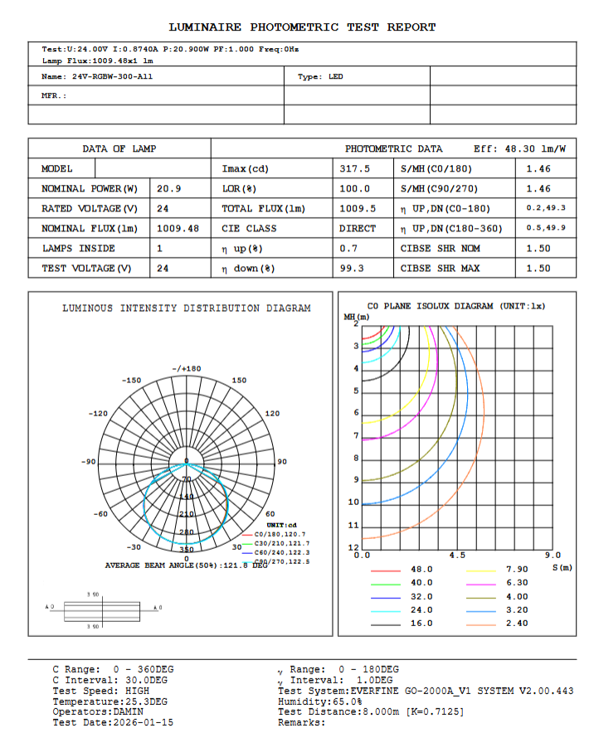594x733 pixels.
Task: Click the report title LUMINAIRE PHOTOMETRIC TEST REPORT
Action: tap(302, 27)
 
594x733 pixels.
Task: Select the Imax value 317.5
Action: tap(355, 169)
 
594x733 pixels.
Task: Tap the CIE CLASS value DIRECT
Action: tap(358, 229)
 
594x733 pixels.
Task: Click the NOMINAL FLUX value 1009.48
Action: tap(178, 229)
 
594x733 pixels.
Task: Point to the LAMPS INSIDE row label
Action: tap(79, 249)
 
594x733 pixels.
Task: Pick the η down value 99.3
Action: tap(352, 269)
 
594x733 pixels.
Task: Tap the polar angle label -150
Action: tap(132, 381)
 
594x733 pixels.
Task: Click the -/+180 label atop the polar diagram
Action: tap(186, 369)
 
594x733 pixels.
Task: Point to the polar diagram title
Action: tap(187, 308)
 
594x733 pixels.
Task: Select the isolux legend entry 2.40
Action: tap(517, 624)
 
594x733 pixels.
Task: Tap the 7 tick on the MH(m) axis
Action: tap(356, 436)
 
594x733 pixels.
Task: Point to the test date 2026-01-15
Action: tap(144, 722)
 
